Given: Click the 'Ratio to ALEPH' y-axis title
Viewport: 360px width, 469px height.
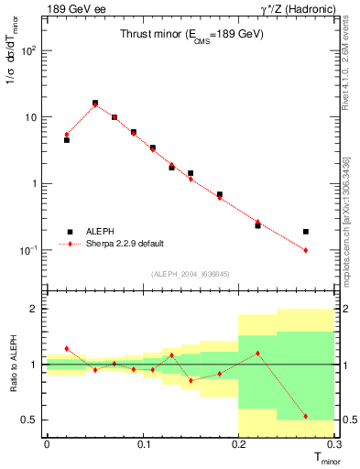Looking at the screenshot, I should [x=12, y=363].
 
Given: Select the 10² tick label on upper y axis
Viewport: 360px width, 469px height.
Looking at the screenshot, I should [x=28, y=50].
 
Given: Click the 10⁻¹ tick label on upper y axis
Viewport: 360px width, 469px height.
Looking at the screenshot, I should [x=27, y=249].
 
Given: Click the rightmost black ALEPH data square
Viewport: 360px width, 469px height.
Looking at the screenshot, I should [x=306, y=232].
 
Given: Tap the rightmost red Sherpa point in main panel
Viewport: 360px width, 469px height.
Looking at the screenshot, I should [x=306, y=250].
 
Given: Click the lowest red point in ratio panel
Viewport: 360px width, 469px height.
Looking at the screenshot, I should [x=306, y=416].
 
